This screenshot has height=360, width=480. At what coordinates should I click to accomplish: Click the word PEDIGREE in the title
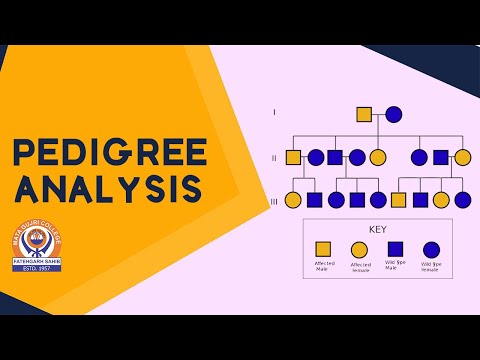[109, 151]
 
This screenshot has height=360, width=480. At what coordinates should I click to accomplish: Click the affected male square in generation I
[364, 114]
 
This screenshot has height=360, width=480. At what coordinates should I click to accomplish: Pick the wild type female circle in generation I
[394, 114]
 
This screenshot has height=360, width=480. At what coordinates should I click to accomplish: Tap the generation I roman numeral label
[275, 113]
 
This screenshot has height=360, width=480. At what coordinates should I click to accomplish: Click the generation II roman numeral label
[275, 157]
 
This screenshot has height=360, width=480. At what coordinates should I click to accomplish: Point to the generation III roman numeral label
[275, 200]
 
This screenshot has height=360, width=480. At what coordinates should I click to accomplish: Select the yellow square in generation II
[293, 157]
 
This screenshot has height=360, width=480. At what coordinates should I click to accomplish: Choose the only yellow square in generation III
[398, 200]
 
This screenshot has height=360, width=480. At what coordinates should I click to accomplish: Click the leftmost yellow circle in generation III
[293, 200]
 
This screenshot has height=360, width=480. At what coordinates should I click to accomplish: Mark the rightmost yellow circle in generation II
[462, 157]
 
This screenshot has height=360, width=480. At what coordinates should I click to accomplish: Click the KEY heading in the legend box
[377, 229]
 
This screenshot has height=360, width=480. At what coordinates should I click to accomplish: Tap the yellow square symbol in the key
[324, 249]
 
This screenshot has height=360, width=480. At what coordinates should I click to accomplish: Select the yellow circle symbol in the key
[359, 249]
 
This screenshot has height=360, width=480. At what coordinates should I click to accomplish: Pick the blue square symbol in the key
[395, 249]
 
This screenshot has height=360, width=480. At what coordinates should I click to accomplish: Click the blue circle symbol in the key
[431, 249]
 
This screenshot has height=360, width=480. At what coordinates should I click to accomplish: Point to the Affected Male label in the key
[324, 266]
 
